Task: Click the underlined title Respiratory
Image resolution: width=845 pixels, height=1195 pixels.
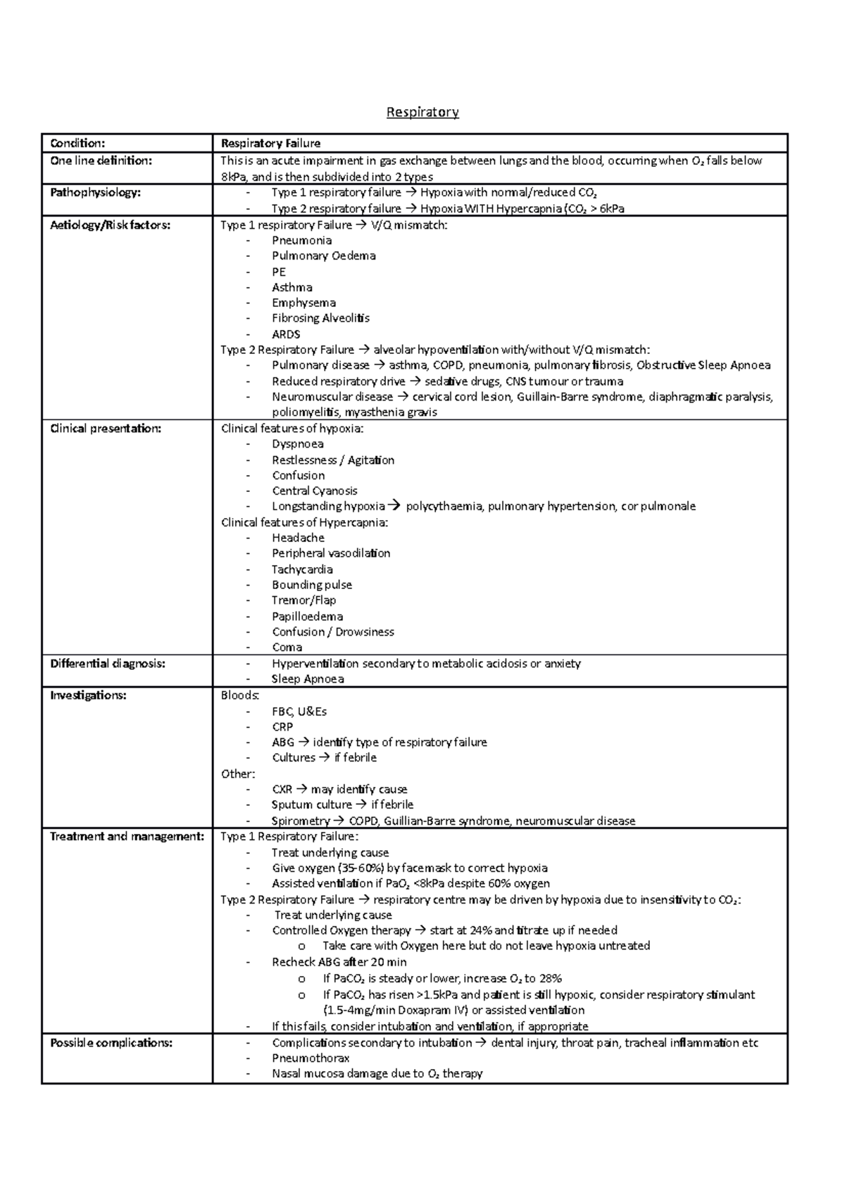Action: (423, 112)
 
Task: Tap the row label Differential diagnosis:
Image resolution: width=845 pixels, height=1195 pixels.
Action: (108, 663)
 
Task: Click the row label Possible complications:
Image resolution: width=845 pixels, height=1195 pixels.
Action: (111, 1043)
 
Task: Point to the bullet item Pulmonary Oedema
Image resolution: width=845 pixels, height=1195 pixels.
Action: (324, 255)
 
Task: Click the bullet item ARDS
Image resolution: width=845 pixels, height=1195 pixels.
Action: (286, 334)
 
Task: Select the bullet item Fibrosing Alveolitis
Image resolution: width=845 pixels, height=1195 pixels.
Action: (320, 318)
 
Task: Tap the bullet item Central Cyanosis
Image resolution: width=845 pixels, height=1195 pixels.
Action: (315, 491)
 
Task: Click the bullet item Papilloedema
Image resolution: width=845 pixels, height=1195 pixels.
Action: (308, 617)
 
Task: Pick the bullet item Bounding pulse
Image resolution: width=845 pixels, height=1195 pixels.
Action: (312, 585)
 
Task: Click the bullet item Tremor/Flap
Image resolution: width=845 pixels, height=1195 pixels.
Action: (303, 600)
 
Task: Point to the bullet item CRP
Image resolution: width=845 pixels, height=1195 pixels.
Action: (282, 726)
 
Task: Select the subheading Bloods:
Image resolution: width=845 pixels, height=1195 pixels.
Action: (240, 695)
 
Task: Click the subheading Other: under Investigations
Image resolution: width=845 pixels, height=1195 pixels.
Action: (237, 773)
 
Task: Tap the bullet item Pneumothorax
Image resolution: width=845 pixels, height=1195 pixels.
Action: (311, 1058)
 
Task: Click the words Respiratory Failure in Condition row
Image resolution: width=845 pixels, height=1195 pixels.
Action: (271, 144)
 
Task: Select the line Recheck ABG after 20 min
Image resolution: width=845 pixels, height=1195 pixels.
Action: (339, 962)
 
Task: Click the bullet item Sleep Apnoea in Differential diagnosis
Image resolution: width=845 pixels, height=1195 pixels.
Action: (308, 679)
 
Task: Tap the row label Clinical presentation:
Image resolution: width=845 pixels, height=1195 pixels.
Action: (106, 429)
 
